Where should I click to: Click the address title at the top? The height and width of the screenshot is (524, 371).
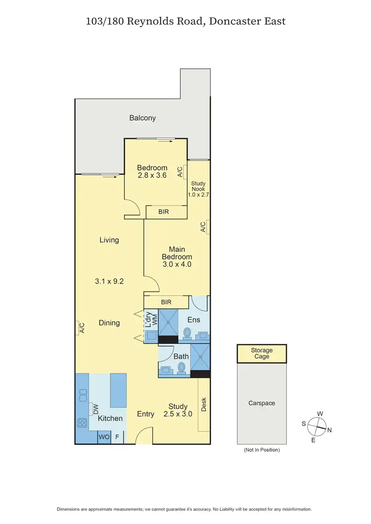185,21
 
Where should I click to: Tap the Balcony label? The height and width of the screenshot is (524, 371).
142,118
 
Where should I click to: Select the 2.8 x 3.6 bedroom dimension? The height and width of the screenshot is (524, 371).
152,175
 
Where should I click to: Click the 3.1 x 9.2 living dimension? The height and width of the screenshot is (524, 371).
109,282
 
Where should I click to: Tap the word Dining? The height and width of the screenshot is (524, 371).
109,322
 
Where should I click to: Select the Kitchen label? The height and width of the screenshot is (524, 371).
110,418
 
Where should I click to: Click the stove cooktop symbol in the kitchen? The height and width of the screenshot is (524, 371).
82,423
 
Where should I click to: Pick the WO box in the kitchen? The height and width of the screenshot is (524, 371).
104,437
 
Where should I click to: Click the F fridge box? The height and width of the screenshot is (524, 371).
118,437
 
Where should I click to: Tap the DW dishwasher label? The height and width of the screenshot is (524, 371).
96,408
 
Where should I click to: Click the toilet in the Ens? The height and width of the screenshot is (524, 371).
187,333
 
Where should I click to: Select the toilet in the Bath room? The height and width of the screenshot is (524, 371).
182,368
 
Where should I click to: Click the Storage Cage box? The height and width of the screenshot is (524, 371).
262,354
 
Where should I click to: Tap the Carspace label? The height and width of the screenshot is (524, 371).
262,403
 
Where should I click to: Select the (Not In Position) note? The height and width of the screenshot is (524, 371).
262,450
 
